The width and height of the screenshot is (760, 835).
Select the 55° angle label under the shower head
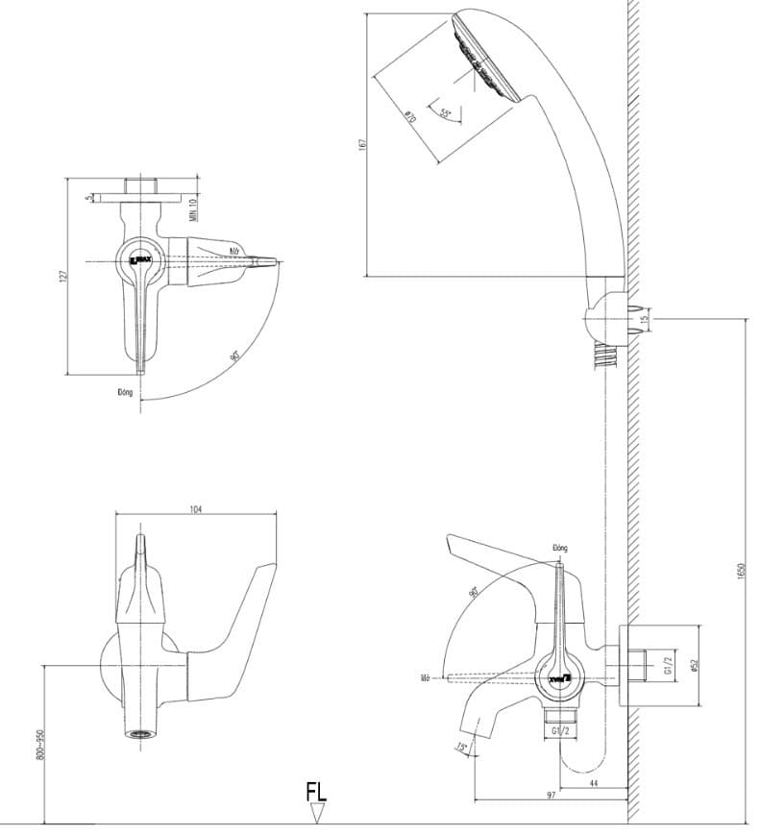point(446,113)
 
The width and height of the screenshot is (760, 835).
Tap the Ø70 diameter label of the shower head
point(409,116)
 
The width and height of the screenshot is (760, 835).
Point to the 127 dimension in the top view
point(62,276)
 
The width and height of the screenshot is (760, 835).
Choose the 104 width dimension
point(196,508)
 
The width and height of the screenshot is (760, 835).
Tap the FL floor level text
point(316,792)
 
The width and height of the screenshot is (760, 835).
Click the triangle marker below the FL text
point(317,814)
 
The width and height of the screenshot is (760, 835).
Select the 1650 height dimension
point(741,570)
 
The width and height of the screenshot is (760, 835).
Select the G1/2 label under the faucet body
point(562,732)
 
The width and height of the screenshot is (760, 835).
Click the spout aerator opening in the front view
point(141,736)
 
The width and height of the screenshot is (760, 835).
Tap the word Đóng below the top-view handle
point(124,392)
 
